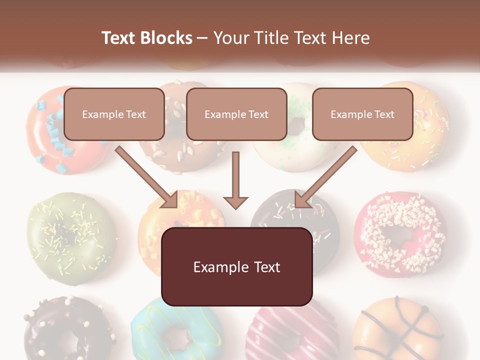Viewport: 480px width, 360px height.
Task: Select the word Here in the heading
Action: pyautogui.click(x=349, y=38)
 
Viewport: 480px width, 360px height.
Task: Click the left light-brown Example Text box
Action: pyautogui.click(x=114, y=114)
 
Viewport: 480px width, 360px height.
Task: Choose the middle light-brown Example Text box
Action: pyautogui.click(x=236, y=114)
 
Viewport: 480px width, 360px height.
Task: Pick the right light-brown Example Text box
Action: pyautogui.click(x=362, y=114)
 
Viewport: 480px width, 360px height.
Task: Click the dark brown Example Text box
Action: pyautogui.click(x=236, y=266)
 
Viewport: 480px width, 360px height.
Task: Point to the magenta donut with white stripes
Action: pyautogui.click(x=290, y=332)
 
